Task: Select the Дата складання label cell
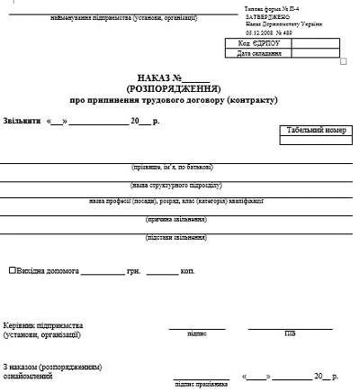tap(235, 53)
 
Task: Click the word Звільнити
tap(22, 120)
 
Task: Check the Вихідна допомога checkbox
tap(12, 269)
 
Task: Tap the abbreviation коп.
tap(188, 270)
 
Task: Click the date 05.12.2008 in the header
tap(236, 30)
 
